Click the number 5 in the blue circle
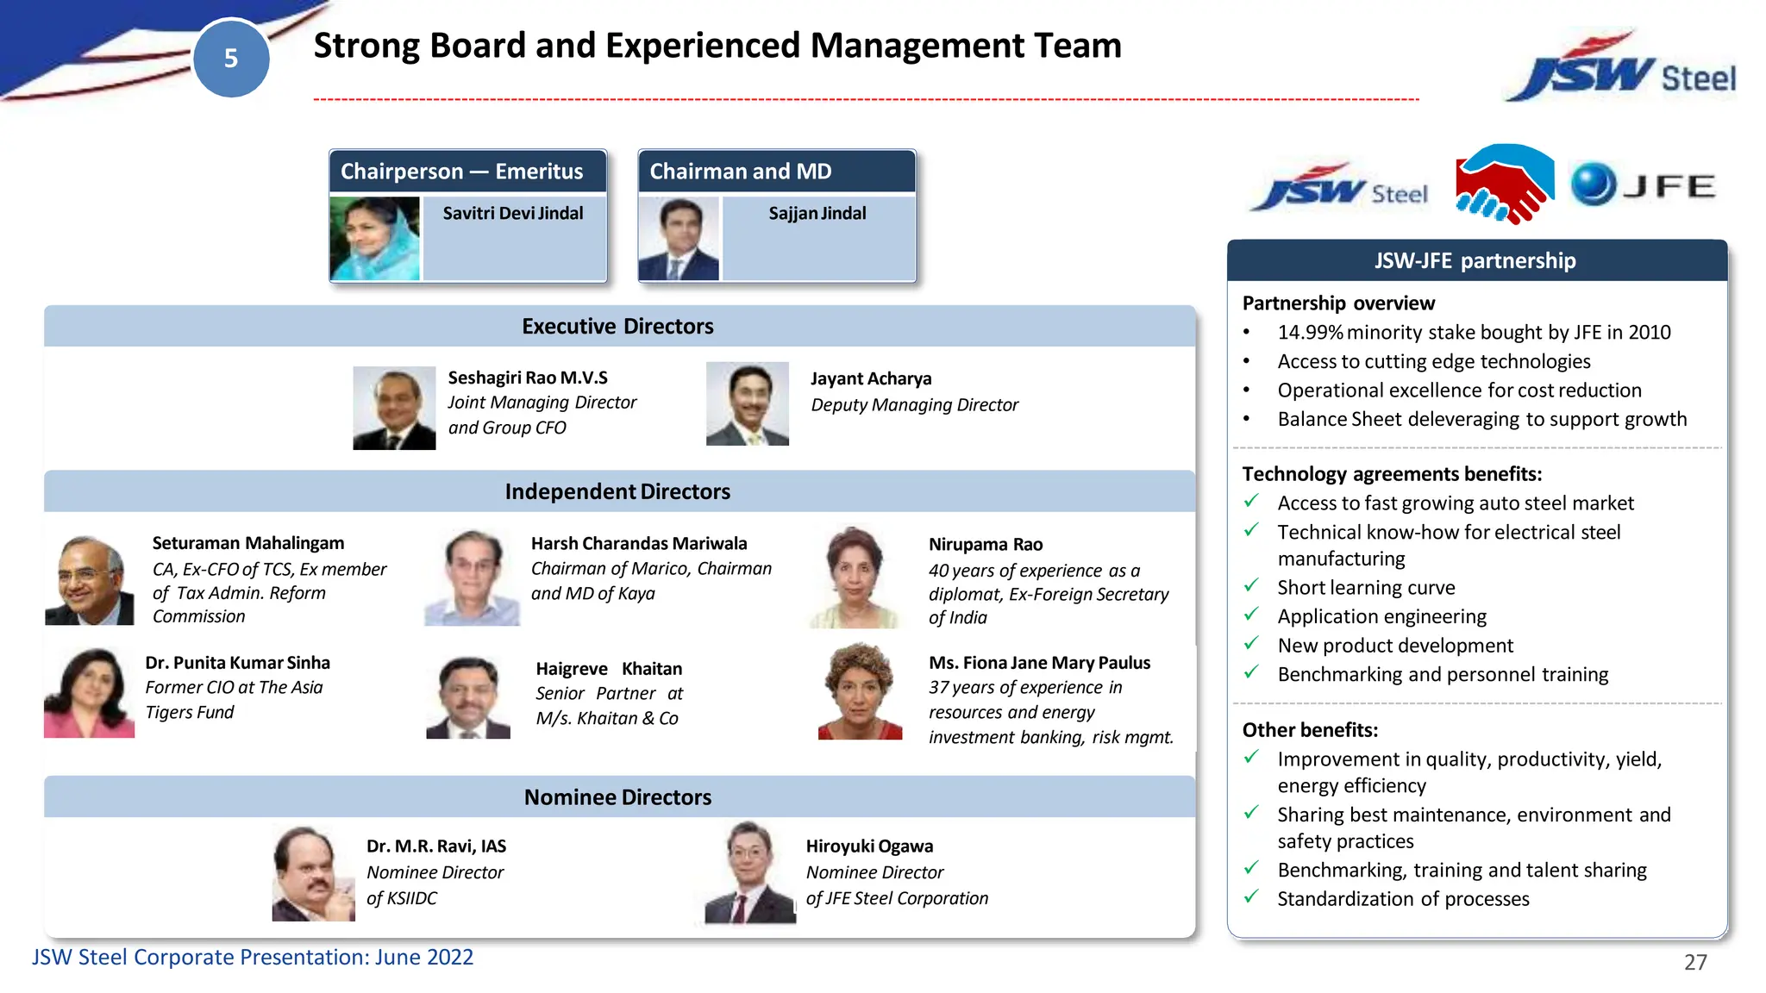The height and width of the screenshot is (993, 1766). click(x=230, y=59)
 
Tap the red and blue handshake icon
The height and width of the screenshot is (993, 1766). click(x=1505, y=184)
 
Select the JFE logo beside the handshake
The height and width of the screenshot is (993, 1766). click(x=1643, y=184)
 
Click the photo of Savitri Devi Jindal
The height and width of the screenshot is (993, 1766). click(x=374, y=239)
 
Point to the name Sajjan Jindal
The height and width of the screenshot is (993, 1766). click(x=817, y=213)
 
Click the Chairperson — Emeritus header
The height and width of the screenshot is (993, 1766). click(x=462, y=172)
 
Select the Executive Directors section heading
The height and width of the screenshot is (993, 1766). click(x=617, y=327)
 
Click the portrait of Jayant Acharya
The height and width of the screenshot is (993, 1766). click(x=747, y=403)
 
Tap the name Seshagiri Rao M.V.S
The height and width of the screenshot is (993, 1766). click(x=528, y=378)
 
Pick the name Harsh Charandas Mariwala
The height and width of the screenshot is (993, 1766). click(x=639, y=544)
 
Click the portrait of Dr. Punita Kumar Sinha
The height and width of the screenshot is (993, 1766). click(x=89, y=693)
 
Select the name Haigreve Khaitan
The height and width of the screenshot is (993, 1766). click(x=609, y=669)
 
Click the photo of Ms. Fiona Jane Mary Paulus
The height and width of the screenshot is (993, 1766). click(x=859, y=692)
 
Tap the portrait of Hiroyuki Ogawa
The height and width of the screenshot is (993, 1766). click(x=748, y=872)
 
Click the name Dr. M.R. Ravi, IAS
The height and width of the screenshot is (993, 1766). click(x=436, y=846)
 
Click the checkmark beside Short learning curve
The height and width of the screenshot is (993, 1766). click(x=1251, y=586)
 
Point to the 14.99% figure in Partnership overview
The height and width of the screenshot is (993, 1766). click(x=1310, y=333)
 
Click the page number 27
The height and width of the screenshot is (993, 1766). click(x=1694, y=962)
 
